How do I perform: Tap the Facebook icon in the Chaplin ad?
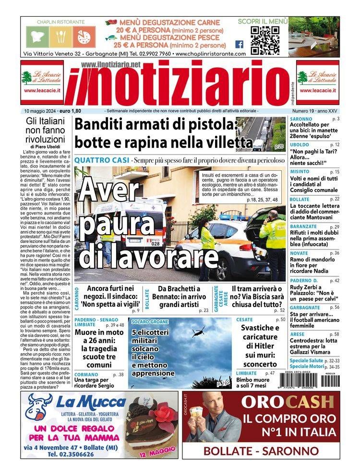point(239,44)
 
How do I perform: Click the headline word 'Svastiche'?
point(260,328)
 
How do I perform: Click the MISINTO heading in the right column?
point(300,171)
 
